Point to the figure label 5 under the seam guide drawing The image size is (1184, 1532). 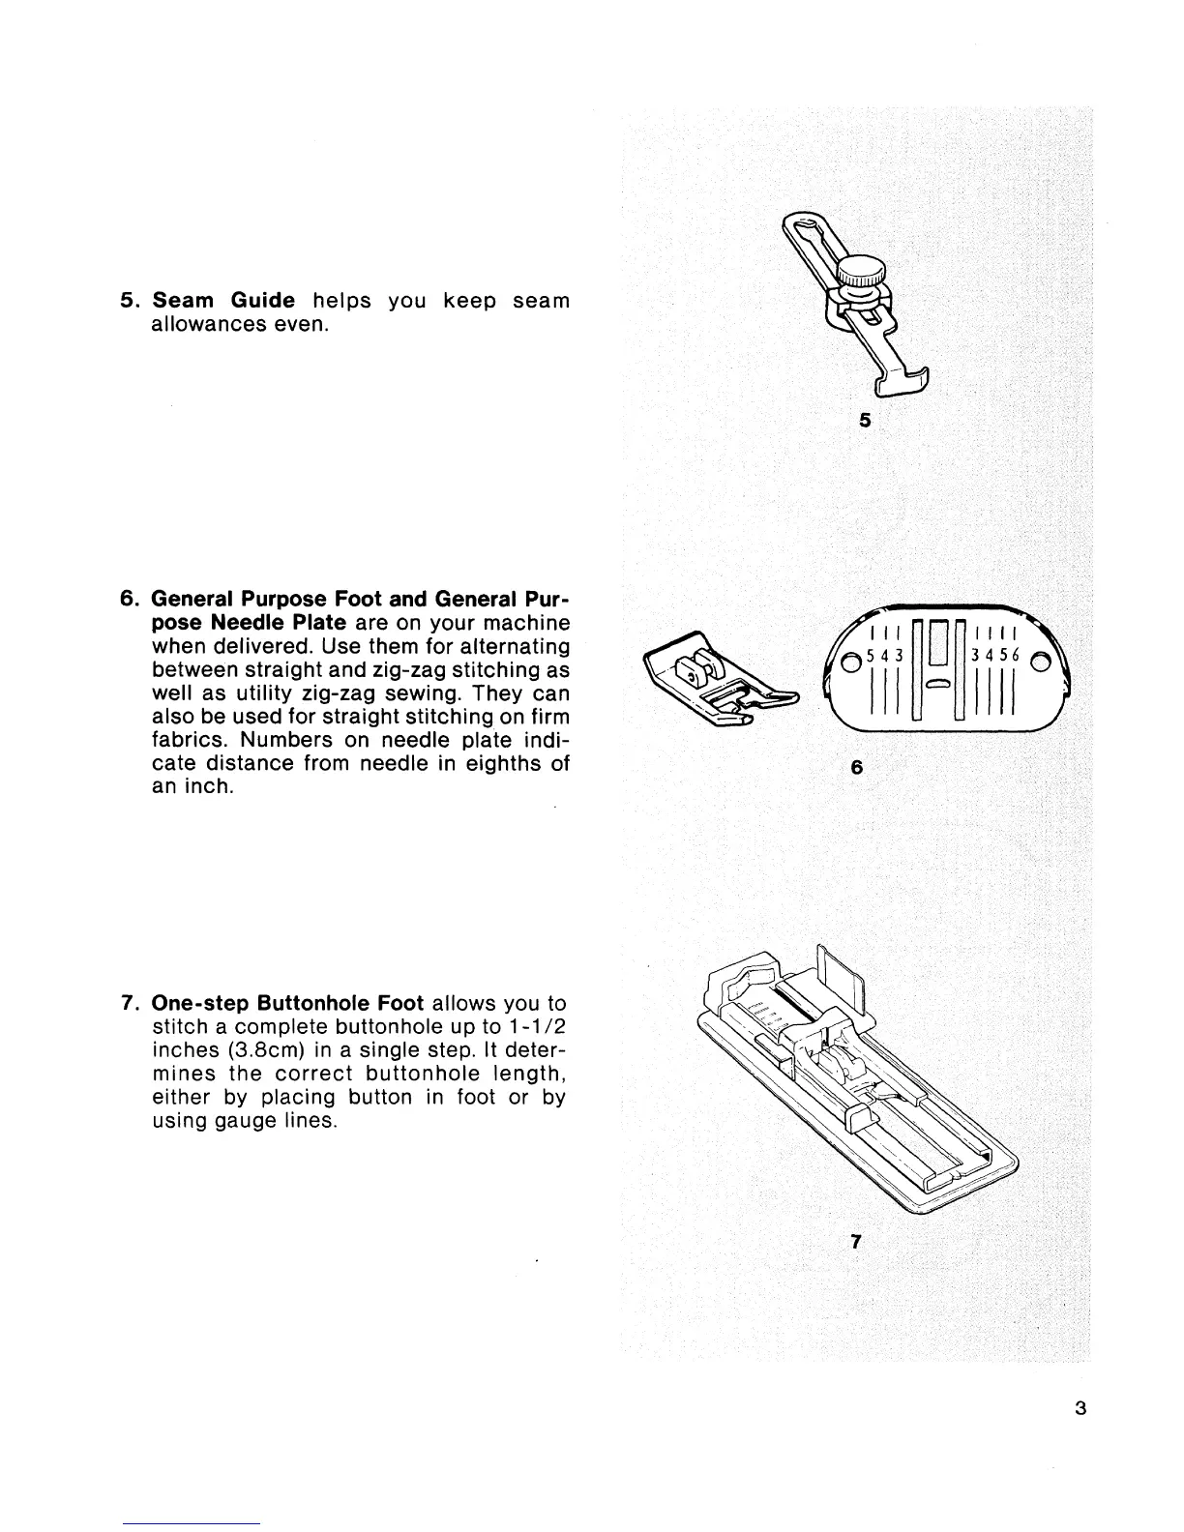point(865,421)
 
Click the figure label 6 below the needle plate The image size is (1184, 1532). point(855,768)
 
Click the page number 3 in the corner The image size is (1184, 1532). point(1080,1408)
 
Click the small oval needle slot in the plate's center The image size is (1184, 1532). point(938,684)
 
